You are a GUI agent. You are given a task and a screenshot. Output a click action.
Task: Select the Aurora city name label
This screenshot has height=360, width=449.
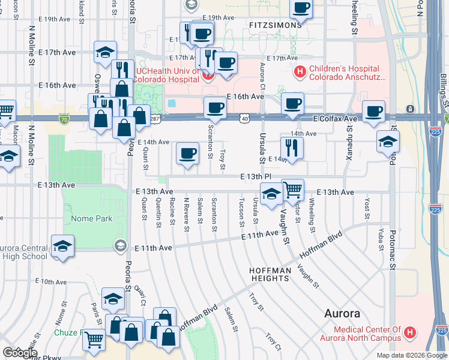(x=342, y=313)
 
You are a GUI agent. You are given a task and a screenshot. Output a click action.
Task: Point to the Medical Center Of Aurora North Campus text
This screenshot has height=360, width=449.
(x=367, y=334)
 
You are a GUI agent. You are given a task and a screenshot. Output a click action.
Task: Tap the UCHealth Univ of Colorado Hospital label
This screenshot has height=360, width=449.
(x=167, y=73)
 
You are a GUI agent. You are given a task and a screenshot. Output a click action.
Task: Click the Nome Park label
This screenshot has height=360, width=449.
(x=92, y=219)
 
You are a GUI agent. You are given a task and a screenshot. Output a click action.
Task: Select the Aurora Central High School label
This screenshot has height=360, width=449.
(x=24, y=252)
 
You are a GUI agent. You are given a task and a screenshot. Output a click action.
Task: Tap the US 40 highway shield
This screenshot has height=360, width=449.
(x=246, y=119)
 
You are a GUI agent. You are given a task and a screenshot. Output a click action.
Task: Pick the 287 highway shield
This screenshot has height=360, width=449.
(x=155, y=119)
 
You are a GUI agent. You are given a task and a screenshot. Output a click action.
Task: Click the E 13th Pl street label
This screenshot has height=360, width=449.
(x=256, y=176)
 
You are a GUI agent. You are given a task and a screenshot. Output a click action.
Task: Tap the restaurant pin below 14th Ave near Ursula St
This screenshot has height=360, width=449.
(x=292, y=148)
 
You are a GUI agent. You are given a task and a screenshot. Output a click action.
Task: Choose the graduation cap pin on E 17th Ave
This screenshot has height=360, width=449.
(x=105, y=52)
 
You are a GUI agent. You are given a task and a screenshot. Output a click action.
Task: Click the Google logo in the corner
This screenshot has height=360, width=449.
(x=19, y=353)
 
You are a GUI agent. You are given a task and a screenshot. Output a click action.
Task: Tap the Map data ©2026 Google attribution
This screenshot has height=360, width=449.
(x=412, y=355)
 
